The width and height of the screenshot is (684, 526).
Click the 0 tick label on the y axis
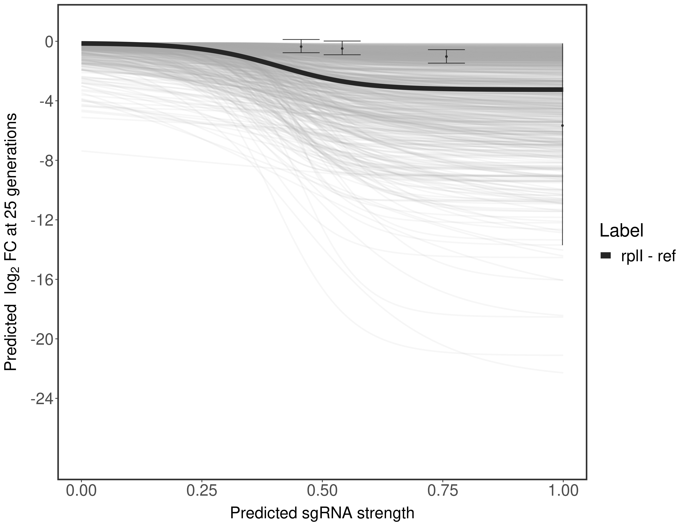pyautogui.click(x=49, y=42)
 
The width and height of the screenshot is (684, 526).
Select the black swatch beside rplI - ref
pyautogui.click(x=606, y=256)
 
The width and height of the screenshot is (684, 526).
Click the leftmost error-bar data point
pyautogui.click(x=301, y=46)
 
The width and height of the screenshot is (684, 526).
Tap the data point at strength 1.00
pyautogui.click(x=562, y=126)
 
